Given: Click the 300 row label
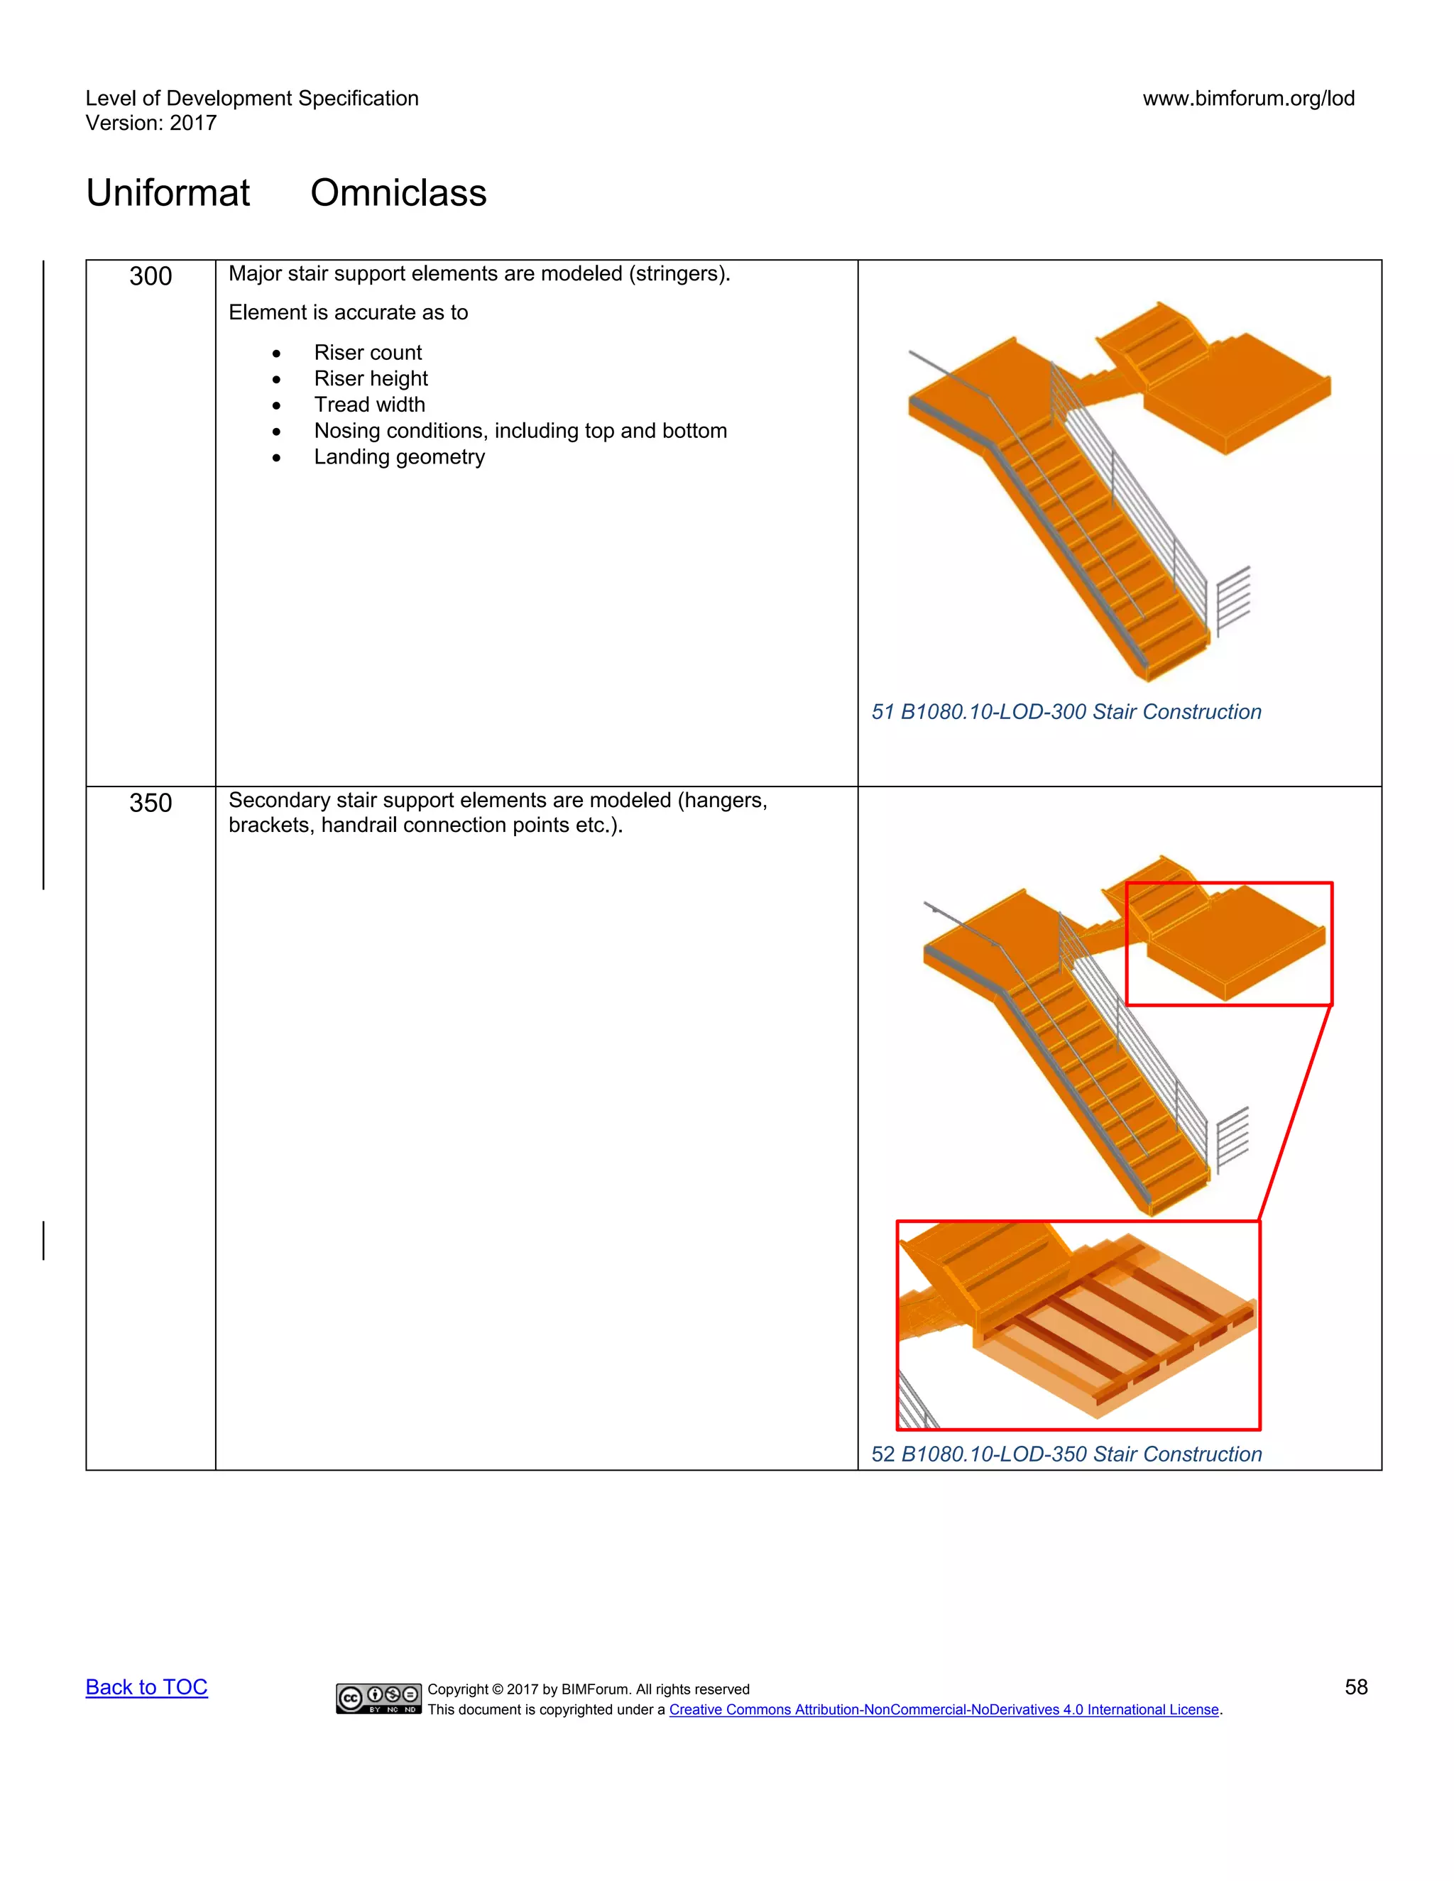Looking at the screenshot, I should point(151,276).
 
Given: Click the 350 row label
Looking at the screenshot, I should point(151,803).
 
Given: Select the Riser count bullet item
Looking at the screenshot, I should point(368,352).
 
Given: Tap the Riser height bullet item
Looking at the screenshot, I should point(371,378).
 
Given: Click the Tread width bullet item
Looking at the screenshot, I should point(369,404).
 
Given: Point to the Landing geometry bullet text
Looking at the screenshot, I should point(399,456).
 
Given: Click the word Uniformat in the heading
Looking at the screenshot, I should point(168,192).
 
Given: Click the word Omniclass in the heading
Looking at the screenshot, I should point(398,192).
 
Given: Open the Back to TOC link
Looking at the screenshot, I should point(146,1687).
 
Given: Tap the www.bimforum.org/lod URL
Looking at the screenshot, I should point(1248,98).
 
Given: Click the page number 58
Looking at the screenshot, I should point(1356,1687).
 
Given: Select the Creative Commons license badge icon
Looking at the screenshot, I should point(378,1698).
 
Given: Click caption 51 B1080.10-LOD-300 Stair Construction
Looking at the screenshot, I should point(1066,711).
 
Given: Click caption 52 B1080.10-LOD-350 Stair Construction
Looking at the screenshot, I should point(1066,1454).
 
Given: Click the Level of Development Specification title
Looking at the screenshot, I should point(251,98).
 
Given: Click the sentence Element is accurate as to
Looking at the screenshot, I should point(348,312).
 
